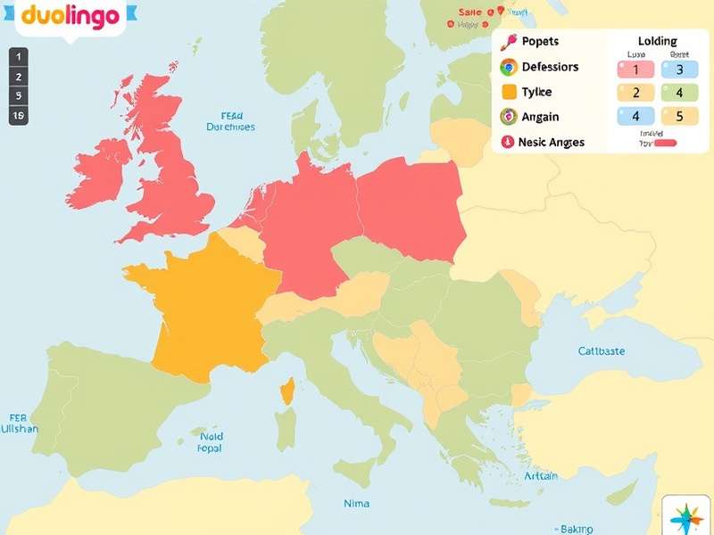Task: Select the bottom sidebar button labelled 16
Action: pos(18,115)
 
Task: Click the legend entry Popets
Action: pos(540,41)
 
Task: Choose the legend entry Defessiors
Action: pos(549,67)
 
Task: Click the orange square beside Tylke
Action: pos(509,92)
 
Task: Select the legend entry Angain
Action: pos(541,117)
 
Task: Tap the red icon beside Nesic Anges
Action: pos(508,142)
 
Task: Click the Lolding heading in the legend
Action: pos(658,41)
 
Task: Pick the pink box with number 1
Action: pos(635,70)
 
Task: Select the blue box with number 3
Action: pos(679,70)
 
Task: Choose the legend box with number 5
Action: pos(679,116)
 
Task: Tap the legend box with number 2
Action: pos(635,93)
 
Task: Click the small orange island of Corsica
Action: pos(286,391)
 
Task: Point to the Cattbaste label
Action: pos(602,350)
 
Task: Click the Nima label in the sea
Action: pos(356,504)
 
